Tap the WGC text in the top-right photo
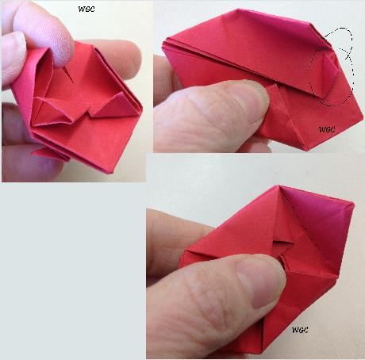327,128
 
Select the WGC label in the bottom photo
301,329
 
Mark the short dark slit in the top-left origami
74,75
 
